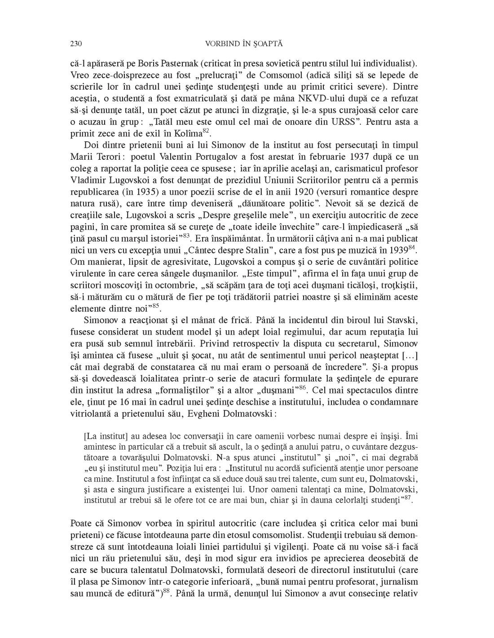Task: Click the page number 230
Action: [x=75, y=44]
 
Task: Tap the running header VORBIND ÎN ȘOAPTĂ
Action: [x=243, y=44]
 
